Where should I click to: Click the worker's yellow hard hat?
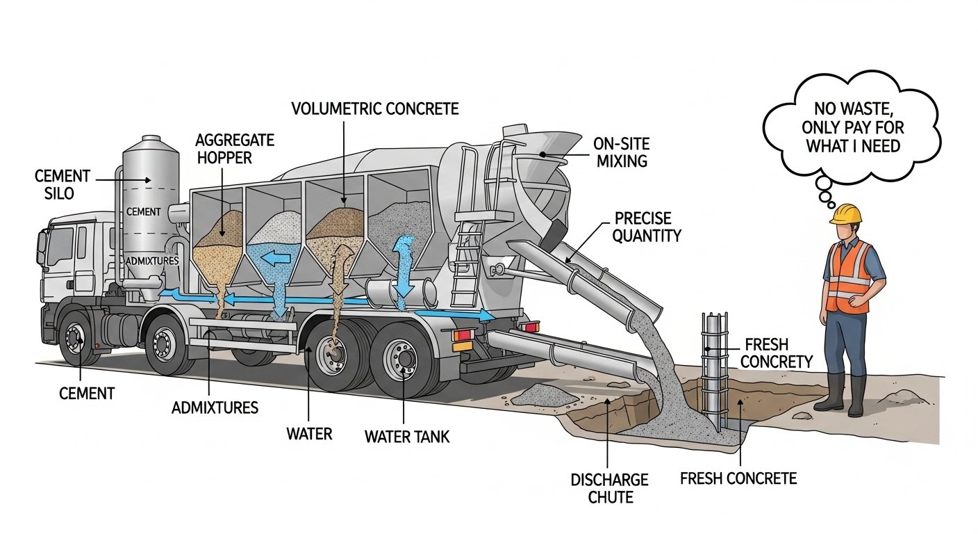click(845, 213)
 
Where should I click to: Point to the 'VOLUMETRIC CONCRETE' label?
click(375, 109)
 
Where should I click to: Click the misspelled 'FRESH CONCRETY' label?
click(778, 353)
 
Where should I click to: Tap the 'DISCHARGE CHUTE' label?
click(609, 488)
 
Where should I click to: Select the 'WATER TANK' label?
click(407, 437)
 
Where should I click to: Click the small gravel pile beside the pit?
click(545, 395)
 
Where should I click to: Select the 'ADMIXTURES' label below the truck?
click(215, 407)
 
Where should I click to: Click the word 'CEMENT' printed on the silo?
click(144, 211)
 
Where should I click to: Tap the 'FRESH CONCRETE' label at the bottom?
click(738, 478)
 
